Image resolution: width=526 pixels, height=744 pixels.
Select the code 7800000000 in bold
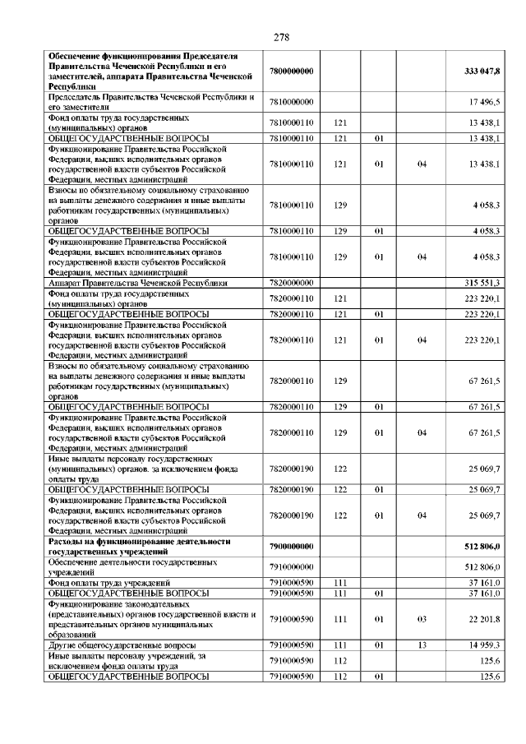(292, 72)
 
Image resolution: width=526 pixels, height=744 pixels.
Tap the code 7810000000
(292, 101)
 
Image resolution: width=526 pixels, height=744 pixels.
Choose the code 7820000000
(292, 283)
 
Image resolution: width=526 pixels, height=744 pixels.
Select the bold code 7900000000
(292, 547)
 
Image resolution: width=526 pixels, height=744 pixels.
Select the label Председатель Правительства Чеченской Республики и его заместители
(148, 101)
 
